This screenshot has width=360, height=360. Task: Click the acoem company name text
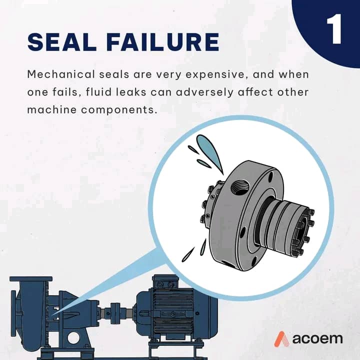[317, 339]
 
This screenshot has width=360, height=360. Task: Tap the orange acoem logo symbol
[281, 339]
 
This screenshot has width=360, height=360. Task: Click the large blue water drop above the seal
[209, 152]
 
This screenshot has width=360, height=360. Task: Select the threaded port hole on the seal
[239, 188]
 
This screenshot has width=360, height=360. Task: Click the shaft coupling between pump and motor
[114, 313]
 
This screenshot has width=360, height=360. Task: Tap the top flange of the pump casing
[31, 279]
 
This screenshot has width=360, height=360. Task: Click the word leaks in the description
[131, 92]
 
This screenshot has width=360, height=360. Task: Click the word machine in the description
[52, 110]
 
